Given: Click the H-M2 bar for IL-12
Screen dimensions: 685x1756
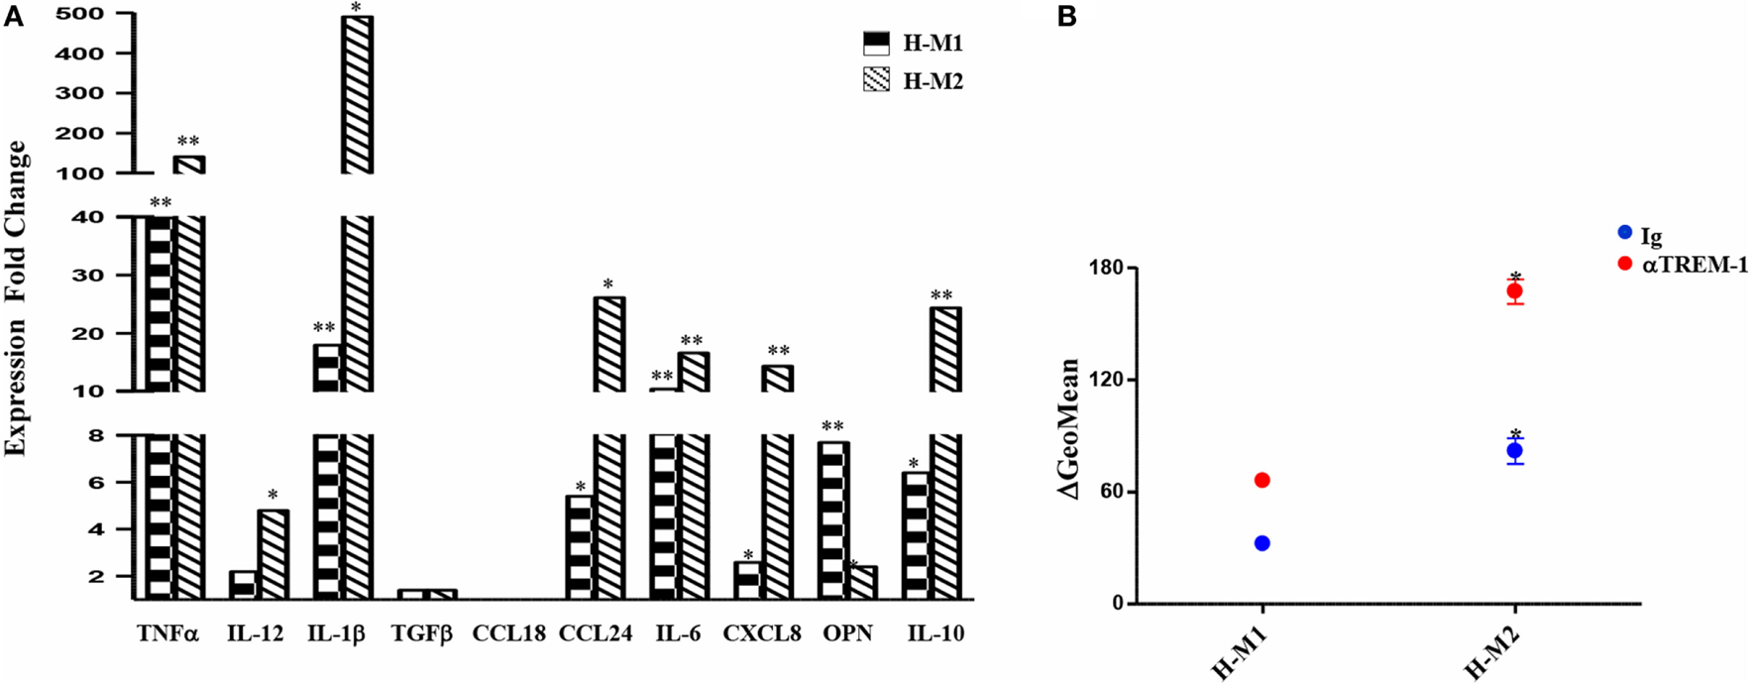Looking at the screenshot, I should pos(273,554).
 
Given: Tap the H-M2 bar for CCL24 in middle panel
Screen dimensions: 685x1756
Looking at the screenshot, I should pos(609,343).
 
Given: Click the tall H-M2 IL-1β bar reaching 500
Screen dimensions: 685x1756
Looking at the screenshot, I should pos(357,94).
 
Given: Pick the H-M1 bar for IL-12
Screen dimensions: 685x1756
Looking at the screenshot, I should pos(243,585).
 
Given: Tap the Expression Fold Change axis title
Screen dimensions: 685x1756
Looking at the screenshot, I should pos(16,297).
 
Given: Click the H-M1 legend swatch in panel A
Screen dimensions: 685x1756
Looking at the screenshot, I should pos(877,44).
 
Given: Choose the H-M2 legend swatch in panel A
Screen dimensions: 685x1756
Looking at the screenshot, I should pos(877,81).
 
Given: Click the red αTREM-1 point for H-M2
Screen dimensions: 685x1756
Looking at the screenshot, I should pos(1514,290).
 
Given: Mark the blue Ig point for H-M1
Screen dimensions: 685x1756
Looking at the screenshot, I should pos(1262,543).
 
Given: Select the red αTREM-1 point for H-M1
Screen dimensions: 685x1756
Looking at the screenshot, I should pos(1262,480).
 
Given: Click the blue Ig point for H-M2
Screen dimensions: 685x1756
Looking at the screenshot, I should pos(1514,451).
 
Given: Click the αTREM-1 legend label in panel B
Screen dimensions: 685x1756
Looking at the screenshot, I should pos(1695,265).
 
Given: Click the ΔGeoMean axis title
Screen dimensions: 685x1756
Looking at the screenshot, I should pos(1071,428).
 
